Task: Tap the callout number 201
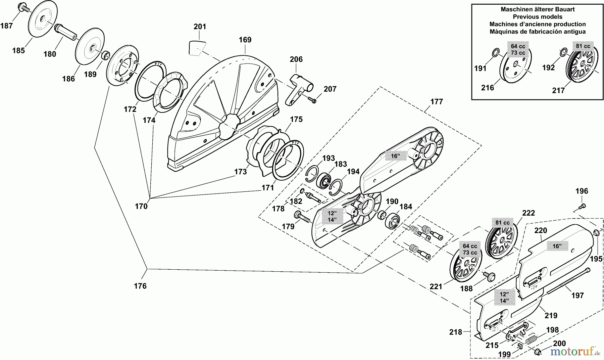click(200, 27)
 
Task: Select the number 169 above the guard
click(245, 40)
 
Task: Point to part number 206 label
click(296, 59)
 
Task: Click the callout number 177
click(437, 102)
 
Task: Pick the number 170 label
click(141, 206)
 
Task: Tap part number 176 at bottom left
click(140, 286)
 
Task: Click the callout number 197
click(577, 296)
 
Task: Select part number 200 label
click(559, 344)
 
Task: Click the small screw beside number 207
click(313, 99)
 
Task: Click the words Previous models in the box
click(538, 17)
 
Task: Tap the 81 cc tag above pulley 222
click(502, 223)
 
